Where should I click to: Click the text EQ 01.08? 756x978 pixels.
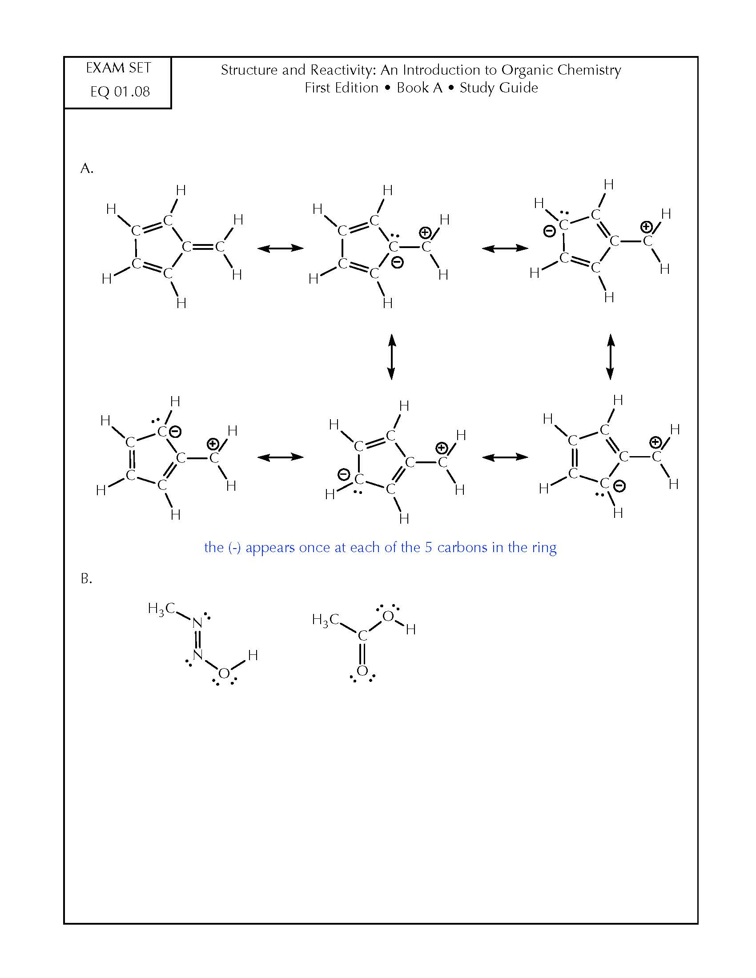(x=120, y=92)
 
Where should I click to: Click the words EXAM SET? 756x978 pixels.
(x=118, y=68)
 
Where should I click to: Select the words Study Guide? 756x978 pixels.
(x=499, y=88)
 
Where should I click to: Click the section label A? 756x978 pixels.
(x=87, y=168)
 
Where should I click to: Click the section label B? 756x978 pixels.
(x=86, y=578)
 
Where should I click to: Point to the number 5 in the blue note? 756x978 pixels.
(x=429, y=548)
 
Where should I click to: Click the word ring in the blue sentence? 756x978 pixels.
(x=544, y=549)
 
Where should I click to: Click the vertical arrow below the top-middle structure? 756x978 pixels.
(x=391, y=357)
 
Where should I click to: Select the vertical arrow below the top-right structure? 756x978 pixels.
(x=610, y=357)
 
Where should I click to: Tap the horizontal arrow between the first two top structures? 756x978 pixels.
(x=281, y=248)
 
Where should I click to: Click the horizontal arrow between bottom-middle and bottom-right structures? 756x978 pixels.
(x=505, y=457)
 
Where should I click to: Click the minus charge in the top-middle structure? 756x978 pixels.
(x=397, y=262)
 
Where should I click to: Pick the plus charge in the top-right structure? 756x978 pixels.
(x=646, y=227)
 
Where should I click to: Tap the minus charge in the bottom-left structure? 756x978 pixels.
(x=176, y=431)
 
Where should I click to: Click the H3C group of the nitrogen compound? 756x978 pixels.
(x=161, y=609)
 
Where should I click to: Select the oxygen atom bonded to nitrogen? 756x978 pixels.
(x=224, y=673)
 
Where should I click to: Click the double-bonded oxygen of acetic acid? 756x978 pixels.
(x=362, y=671)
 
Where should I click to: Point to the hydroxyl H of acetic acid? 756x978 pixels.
(x=411, y=629)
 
